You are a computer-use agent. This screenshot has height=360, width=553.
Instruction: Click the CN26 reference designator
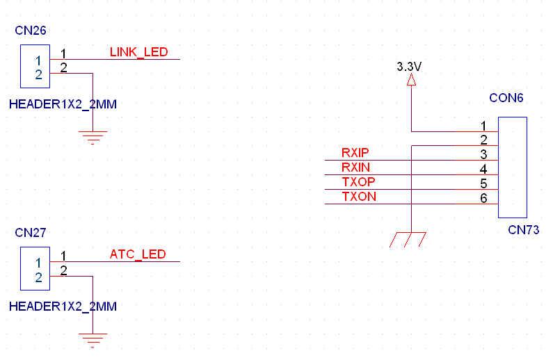[x=31, y=31]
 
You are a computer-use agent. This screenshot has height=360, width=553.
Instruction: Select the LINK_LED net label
[x=138, y=52]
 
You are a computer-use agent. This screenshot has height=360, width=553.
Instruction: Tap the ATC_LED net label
[x=138, y=254]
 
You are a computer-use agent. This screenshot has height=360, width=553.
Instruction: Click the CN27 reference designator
[x=31, y=233]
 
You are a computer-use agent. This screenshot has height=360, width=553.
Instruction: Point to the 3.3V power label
[x=409, y=67]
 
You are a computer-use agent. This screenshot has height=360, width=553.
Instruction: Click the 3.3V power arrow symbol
[x=411, y=81]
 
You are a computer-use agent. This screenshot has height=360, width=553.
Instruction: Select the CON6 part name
[x=506, y=98]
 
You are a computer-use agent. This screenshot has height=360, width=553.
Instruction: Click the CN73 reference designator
[x=523, y=230]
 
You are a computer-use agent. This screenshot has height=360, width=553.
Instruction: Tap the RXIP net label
[x=355, y=153]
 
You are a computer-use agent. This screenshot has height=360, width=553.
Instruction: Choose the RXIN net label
[x=355, y=167]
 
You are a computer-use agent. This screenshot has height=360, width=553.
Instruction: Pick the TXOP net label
[x=358, y=182]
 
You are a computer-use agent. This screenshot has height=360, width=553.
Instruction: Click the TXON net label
[x=359, y=197]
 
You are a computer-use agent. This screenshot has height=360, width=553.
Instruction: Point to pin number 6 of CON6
[x=483, y=199]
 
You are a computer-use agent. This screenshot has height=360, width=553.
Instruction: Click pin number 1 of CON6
[x=483, y=126]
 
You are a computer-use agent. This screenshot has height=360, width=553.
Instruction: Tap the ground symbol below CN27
[x=93, y=339]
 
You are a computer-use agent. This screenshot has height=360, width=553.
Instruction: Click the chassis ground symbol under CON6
[x=409, y=239]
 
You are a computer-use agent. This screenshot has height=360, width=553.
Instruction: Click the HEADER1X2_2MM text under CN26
[x=63, y=105]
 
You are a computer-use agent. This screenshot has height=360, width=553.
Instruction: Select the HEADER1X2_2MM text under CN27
[x=63, y=306]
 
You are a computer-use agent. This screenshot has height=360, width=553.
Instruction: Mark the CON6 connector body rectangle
[x=513, y=167]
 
